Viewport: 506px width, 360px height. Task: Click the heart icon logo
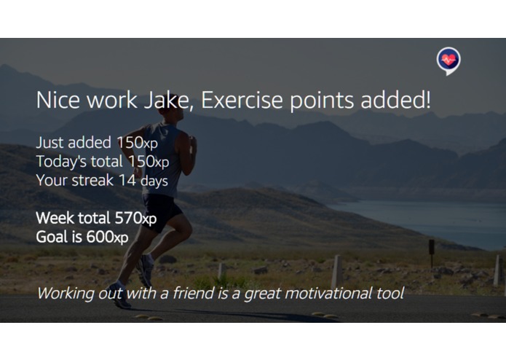tap(448, 60)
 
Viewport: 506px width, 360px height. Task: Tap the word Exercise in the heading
tap(241, 101)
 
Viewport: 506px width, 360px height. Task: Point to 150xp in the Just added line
tap(136, 143)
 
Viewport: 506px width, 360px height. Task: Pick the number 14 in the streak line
tap(127, 180)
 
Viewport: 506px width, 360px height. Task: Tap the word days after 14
tap(155, 181)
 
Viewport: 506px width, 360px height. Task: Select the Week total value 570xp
tap(135, 218)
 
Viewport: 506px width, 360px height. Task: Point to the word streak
tap(90, 180)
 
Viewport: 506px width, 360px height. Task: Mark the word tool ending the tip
tap(389, 294)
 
